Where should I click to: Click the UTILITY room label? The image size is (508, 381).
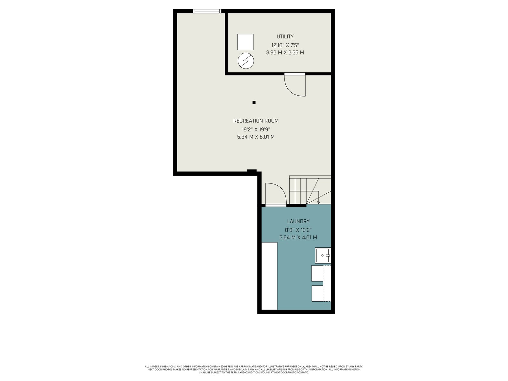click(x=285, y=37)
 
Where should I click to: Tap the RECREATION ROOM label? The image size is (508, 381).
click(x=256, y=121)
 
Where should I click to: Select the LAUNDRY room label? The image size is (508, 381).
click(x=298, y=221)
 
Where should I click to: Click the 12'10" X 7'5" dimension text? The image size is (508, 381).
click(x=285, y=45)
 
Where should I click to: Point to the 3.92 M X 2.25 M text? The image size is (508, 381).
click(x=285, y=52)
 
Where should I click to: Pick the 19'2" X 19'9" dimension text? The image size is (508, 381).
click(x=256, y=130)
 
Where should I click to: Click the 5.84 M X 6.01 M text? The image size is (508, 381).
click(x=256, y=137)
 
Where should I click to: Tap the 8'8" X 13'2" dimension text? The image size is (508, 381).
click(x=298, y=230)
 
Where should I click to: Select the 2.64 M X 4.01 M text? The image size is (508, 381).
click(x=298, y=237)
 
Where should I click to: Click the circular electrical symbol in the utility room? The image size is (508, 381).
click(x=246, y=61)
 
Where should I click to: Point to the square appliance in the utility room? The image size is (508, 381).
click(x=245, y=42)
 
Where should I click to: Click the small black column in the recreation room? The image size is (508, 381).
click(x=254, y=102)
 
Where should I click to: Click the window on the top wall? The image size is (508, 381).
click(x=207, y=11)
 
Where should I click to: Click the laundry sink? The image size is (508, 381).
click(x=323, y=255)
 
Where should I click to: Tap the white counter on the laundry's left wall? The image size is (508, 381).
click(x=269, y=276)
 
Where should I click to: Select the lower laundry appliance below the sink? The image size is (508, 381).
click(x=321, y=294)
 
